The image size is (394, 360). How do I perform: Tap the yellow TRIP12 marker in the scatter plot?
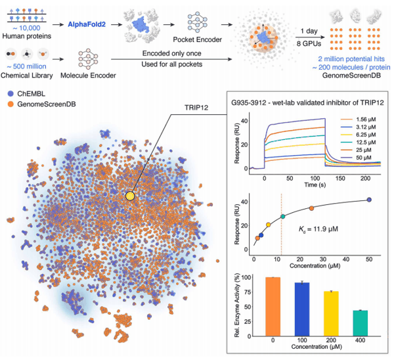130,196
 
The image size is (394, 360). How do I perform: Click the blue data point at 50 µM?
369,200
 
